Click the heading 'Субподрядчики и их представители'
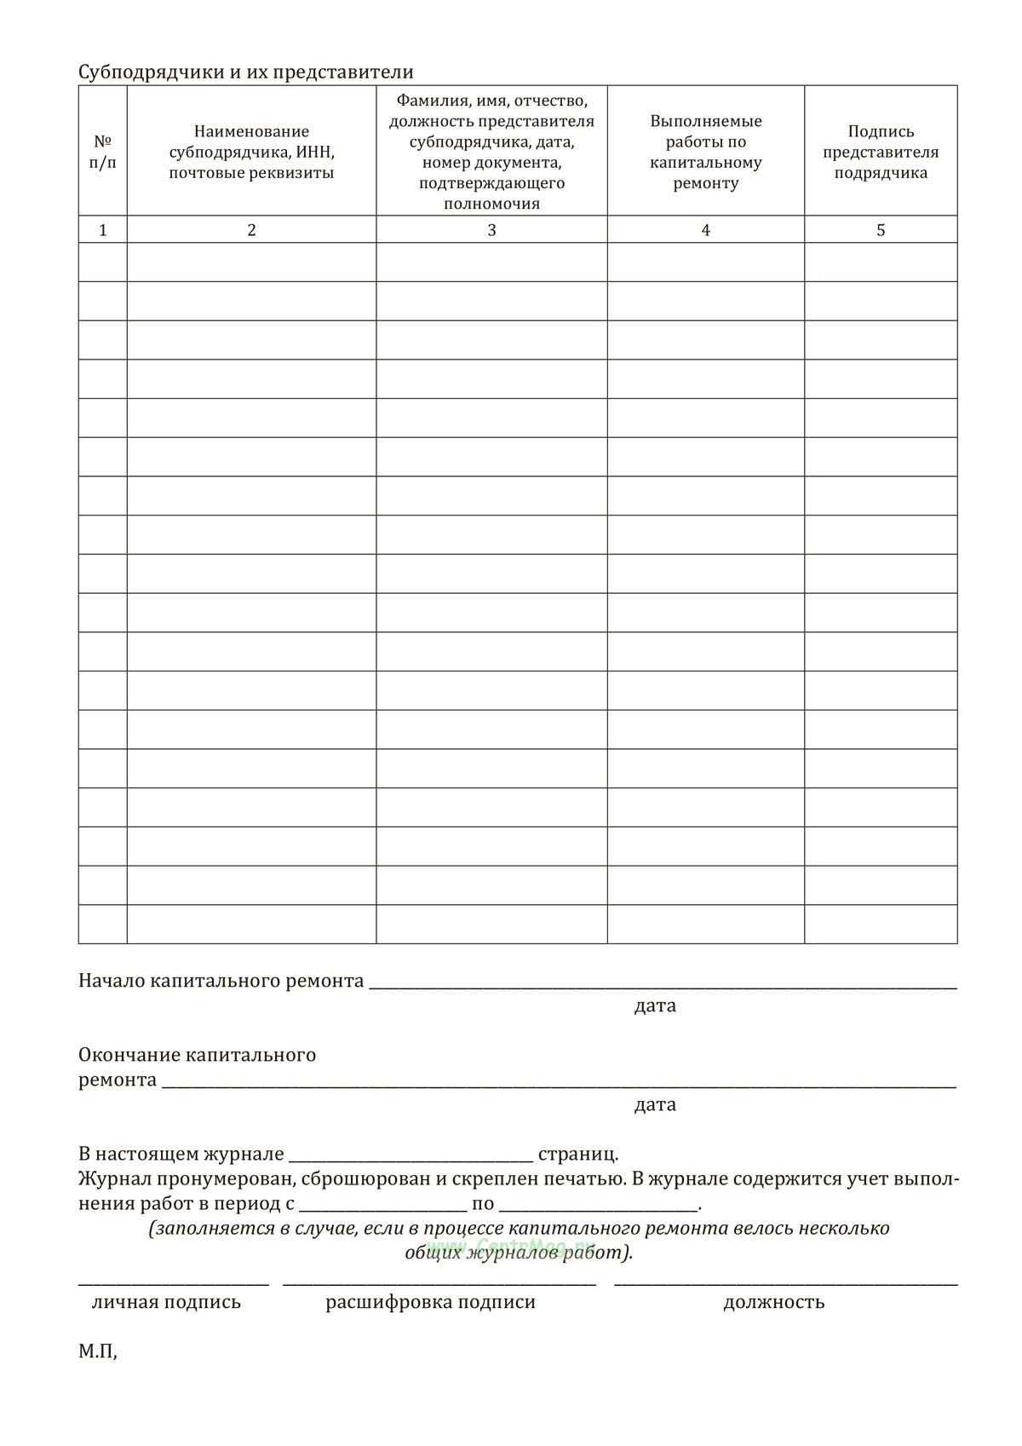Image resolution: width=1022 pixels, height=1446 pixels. [245, 72]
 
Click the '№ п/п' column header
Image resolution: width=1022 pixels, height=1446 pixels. [103, 151]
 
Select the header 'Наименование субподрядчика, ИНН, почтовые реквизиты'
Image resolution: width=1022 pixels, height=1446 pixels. [251, 152]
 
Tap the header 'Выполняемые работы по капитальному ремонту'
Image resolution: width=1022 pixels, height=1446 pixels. [705, 152]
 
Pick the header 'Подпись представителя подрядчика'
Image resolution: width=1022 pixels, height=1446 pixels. [881, 152]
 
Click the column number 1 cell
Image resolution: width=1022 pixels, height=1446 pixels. [103, 229]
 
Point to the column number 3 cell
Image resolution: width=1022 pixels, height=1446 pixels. [491, 229]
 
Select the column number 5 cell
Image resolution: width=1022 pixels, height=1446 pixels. [881, 229]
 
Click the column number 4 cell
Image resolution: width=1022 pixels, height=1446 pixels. [705, 229]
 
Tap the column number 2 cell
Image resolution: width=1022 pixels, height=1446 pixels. [251, 229]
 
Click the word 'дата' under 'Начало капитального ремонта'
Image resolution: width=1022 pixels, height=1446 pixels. [655, 1005]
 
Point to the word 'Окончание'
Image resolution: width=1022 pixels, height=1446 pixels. [129, 1055]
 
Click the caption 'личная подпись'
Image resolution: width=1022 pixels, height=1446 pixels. [166, 1302]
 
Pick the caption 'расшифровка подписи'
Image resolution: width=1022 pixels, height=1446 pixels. [430, 1302]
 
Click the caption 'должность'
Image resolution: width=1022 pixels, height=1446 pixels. [773, 1302]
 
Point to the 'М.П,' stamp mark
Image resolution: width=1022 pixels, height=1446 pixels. [98, 1351]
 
